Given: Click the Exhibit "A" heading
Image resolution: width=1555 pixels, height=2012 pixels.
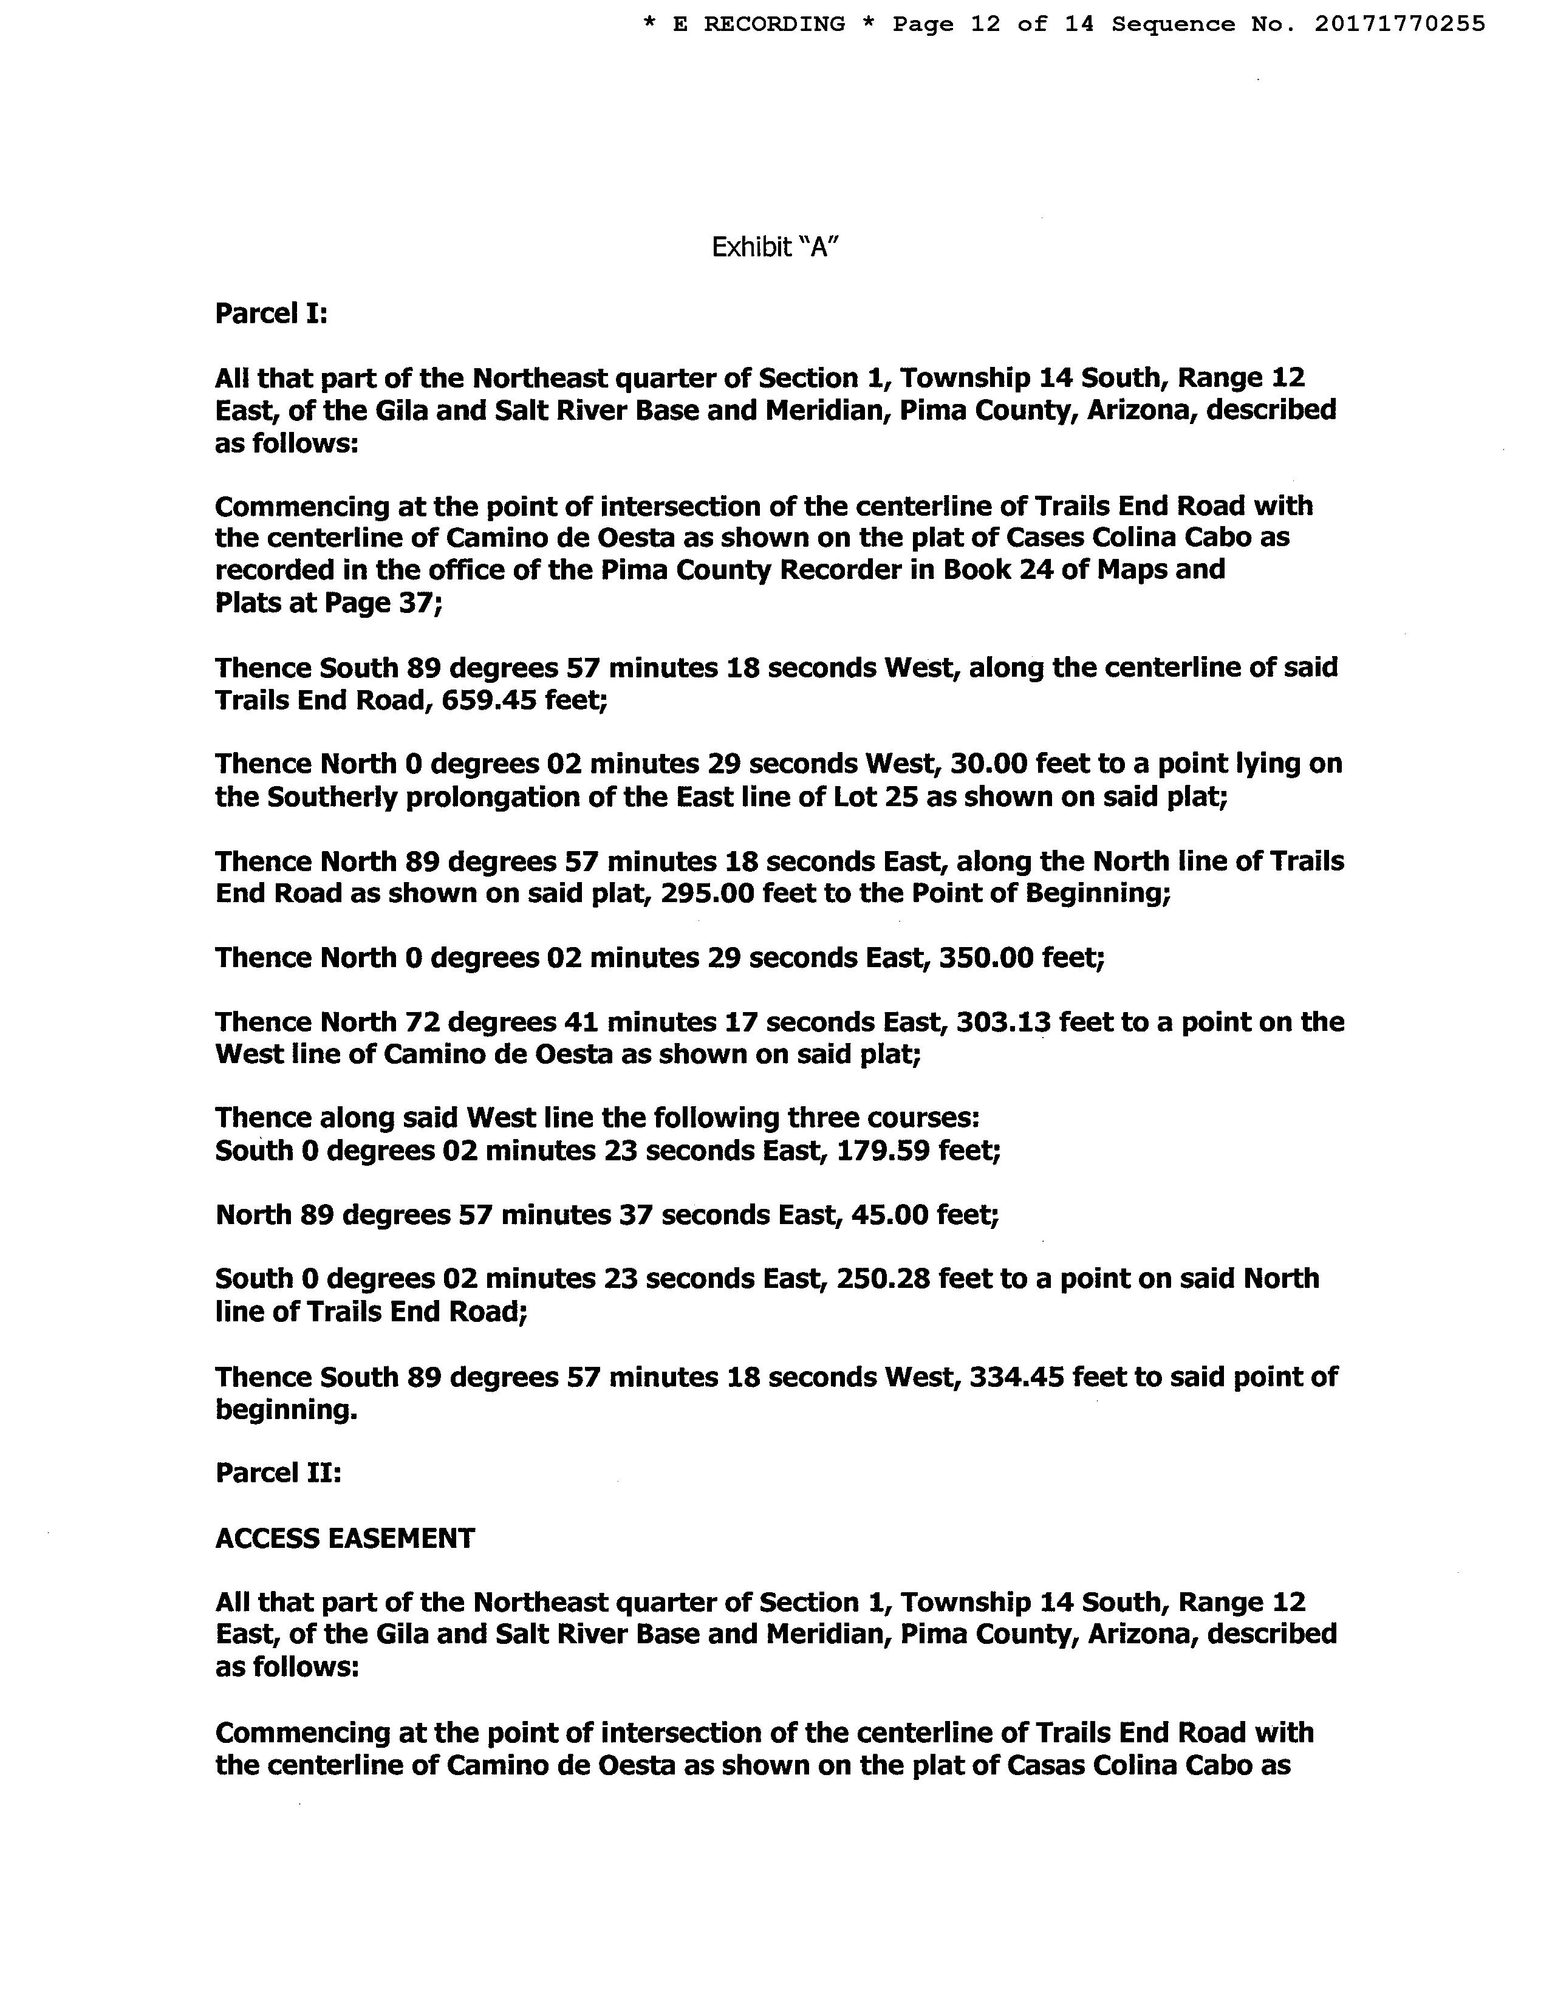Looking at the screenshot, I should point(774,247).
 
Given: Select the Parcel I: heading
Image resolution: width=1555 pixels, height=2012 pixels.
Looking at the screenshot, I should point(271,314).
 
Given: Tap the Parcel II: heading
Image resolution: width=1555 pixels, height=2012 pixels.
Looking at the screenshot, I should point(278,1473).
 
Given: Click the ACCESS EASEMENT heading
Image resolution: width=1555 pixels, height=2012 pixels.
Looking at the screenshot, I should point(344,1538).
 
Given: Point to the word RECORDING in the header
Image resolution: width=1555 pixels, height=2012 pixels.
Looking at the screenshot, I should point(774,24).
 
